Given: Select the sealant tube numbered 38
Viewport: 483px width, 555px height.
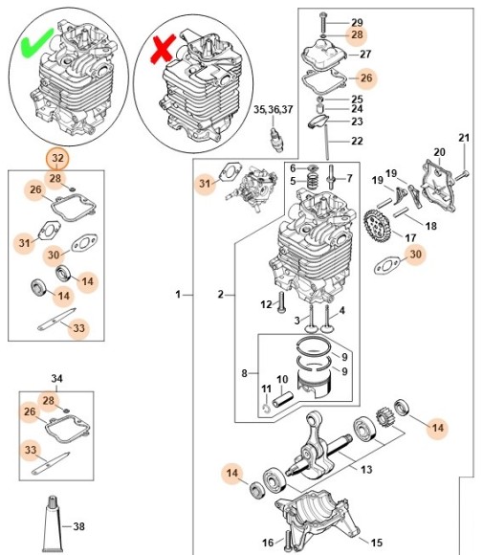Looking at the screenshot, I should pos(54,522).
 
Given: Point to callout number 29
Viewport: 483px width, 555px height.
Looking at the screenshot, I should pos(356,22).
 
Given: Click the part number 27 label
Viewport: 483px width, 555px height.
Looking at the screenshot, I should pos(364,55).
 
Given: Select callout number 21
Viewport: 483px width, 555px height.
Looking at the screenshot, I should pos(464,139).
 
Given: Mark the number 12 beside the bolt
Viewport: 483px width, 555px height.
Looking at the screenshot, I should pos(267,304).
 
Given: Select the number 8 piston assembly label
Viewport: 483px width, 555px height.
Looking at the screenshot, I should pos(244,372).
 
